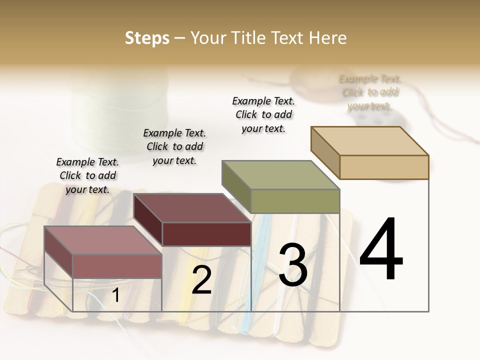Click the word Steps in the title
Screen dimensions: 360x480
(x=147, y=38)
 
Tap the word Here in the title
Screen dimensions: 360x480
(x=327, y=38)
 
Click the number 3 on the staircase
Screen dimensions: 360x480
(x=293, y=265)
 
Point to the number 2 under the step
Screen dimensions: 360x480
(x=201, y=280)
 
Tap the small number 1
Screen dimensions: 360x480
(x=115, y=295)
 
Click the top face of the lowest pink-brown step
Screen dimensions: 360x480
(x=103, y=240)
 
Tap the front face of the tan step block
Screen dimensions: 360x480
(x=384, y=167)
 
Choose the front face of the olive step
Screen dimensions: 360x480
(x=295, y=201)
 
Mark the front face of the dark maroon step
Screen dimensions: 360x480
(x=206, y=234)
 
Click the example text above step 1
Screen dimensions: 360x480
(x=87, y=175)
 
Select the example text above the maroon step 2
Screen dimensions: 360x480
(x=174, y=146)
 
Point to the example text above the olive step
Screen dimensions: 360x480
(x=263, y=114)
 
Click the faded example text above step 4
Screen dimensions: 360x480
(x=370, y=92)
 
